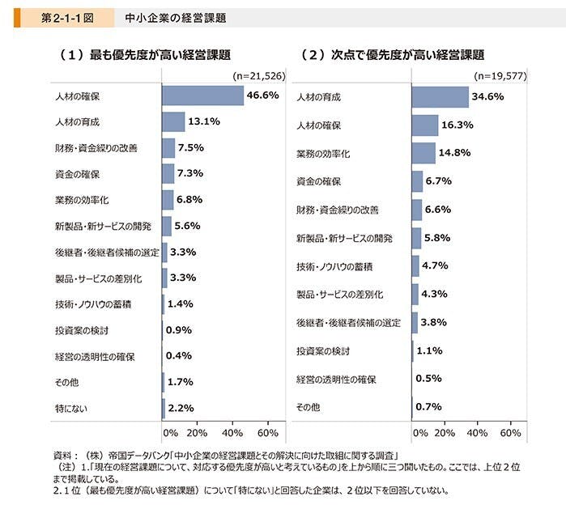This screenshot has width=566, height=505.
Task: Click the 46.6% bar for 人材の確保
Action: [x=202, y=95]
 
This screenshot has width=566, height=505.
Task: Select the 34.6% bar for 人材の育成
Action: [x=440, y=97]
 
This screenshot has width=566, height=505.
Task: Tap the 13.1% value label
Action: [x=204, y=122]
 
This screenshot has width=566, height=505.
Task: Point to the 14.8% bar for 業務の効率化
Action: [x=423, y=153]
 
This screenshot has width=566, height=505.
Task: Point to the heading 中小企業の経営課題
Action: [x=171, y=16]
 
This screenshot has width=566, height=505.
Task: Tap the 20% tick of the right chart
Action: [x=445, y=433]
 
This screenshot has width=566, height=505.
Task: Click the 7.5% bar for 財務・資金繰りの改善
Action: [x=168, y=148]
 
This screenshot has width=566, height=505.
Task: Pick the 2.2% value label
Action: [x=181, y=408]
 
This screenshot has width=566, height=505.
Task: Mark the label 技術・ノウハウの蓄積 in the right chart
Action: [x=334, y=266]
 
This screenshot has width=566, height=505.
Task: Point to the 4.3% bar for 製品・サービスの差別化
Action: [x=415, y=294]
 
